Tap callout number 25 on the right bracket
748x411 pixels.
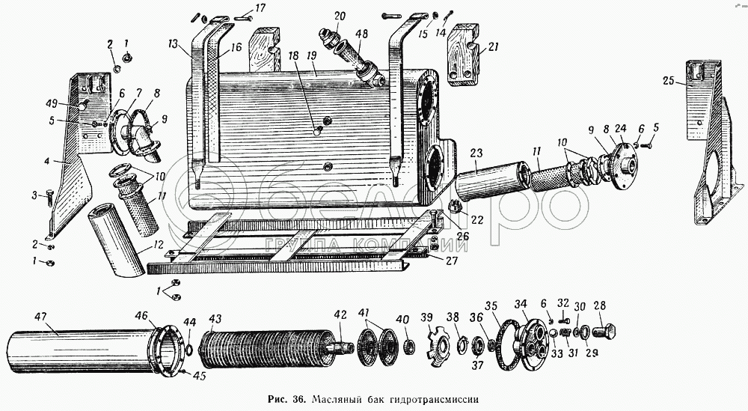coord(669,80)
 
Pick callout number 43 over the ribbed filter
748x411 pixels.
coord(215,318)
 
